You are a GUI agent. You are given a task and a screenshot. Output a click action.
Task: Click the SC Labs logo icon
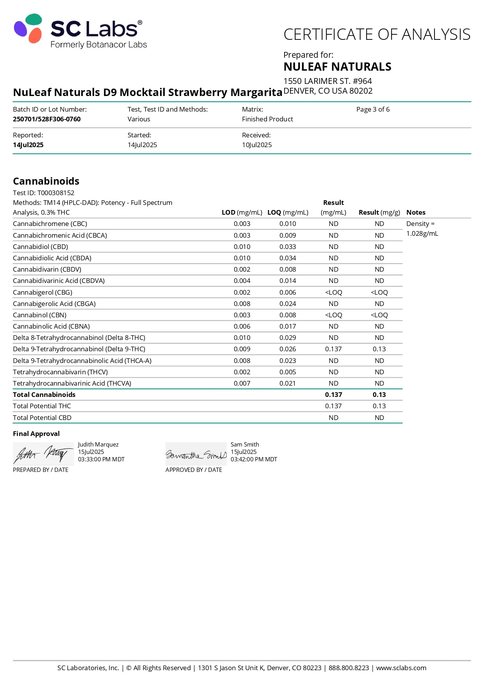28,28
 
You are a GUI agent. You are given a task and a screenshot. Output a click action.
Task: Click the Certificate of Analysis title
377,35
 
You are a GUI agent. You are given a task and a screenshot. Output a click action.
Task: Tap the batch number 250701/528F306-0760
47,119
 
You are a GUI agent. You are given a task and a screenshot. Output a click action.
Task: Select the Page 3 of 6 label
373,109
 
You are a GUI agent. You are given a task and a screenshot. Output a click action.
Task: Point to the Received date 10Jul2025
257,145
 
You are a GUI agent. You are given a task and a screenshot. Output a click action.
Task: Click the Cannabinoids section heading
46,181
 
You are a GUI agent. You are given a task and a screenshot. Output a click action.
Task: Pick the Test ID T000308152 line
44,193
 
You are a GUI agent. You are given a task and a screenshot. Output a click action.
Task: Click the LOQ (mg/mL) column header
288,212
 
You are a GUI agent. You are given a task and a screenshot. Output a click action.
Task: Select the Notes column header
416,212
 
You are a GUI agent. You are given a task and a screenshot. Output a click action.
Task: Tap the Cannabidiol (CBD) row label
41,247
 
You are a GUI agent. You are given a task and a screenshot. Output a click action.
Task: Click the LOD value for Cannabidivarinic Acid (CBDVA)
242,281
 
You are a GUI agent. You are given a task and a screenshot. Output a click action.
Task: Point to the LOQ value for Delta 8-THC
288,338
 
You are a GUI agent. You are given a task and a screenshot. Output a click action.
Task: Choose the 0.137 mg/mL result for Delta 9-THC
333,349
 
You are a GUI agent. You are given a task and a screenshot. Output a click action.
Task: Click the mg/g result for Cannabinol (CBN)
379,315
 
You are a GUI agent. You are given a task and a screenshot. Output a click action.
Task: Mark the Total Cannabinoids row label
44,395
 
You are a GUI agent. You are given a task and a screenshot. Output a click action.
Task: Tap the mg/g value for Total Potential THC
379,406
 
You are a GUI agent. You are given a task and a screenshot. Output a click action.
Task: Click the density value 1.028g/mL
422,233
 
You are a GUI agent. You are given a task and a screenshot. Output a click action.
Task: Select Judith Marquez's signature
43,454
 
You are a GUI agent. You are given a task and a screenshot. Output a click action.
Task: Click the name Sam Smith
245,445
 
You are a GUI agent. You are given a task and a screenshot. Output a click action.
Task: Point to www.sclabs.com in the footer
401,668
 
